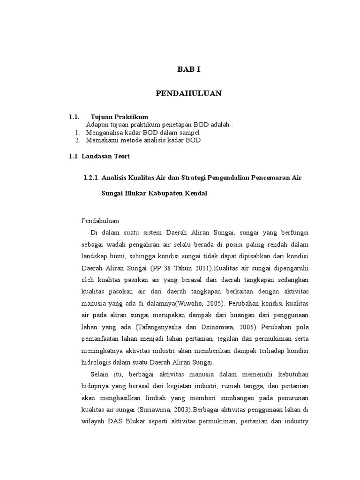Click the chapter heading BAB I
point(188,69)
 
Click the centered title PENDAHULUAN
point(188,94)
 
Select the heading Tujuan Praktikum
point(120,117)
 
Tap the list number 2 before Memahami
point(77,140)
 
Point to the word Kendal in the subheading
point(196,194)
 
